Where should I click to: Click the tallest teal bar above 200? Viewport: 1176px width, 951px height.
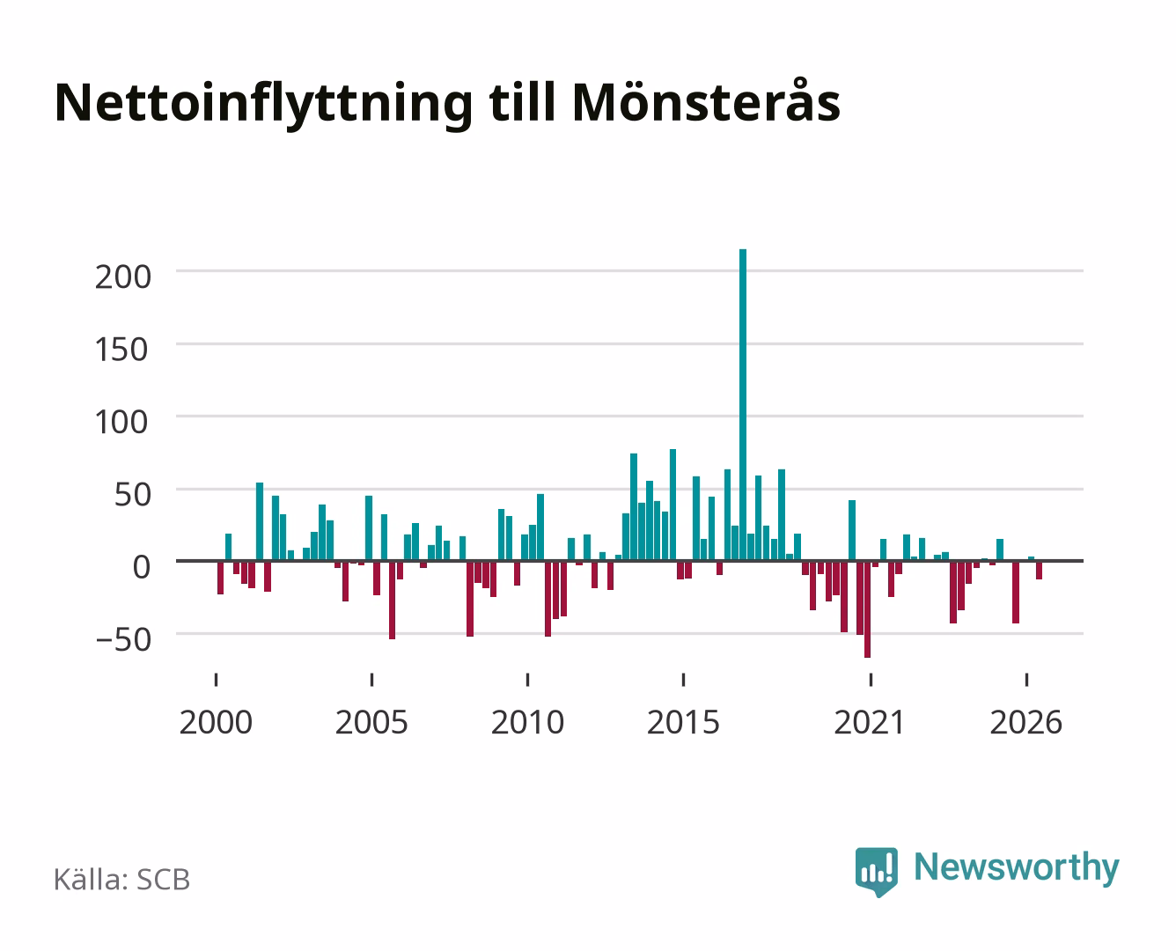tap(743, 405)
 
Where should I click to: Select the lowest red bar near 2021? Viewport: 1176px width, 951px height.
tap(867, 609)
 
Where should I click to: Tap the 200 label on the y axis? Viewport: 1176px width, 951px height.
tap(122, 276)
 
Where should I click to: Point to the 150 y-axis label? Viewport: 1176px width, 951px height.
tap(121, 350)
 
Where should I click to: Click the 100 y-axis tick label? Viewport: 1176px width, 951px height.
tap(121, 422)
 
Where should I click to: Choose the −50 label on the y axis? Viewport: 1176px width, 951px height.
tap(122, 640)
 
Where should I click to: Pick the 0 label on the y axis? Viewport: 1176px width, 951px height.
tap(142, 567)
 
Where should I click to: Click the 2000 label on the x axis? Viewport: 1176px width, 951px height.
tap(216, 722)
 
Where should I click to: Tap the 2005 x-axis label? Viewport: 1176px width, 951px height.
tap(371, 722)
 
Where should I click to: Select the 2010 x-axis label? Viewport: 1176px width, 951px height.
tap(527, 722)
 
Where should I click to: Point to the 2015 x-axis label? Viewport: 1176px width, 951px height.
tap(683, 722)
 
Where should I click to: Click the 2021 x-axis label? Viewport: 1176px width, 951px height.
tap(870, 722)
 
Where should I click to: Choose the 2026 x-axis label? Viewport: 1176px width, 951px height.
tap(1025, 722)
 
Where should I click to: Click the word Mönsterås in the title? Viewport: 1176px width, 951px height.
tap(707, 103)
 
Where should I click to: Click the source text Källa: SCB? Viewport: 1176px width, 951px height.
tap(122, 880)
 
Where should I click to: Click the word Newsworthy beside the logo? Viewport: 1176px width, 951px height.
tap(1017, 868)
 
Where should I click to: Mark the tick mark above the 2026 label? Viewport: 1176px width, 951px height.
tap(1026, 679)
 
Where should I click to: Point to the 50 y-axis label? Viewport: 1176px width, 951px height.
tap(132, 495)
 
